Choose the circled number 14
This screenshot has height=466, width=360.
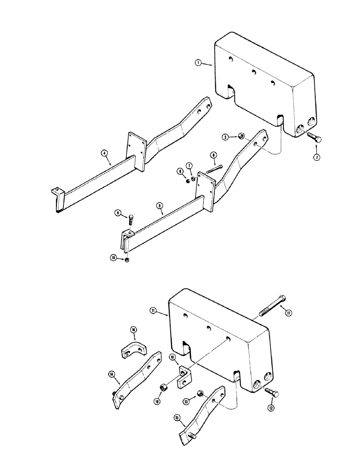coord(112,374)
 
